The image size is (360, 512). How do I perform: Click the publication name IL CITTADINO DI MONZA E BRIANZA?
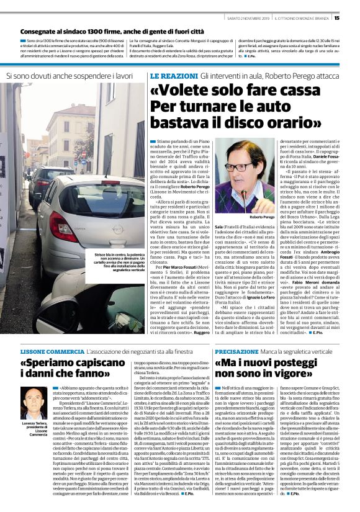(x=304, y=17)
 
